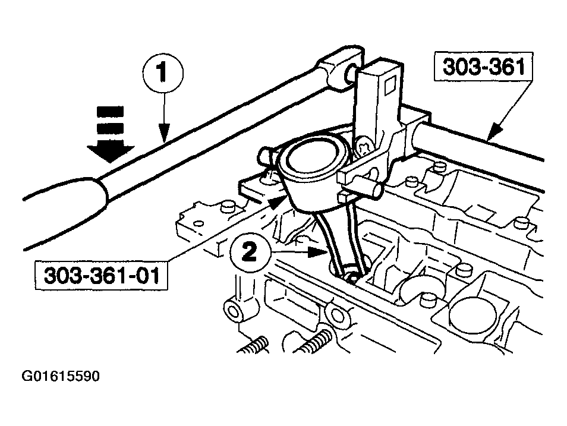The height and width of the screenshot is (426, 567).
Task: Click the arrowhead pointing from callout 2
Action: [x=322, y=252]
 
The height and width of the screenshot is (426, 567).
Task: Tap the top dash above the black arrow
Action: [x=111, y=111]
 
